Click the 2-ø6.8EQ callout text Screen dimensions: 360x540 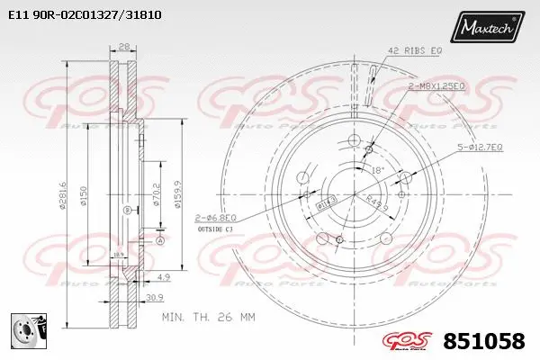pos(217,217)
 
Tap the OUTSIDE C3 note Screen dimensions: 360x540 pos(214,229)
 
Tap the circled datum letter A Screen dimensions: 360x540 pos(160,240)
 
